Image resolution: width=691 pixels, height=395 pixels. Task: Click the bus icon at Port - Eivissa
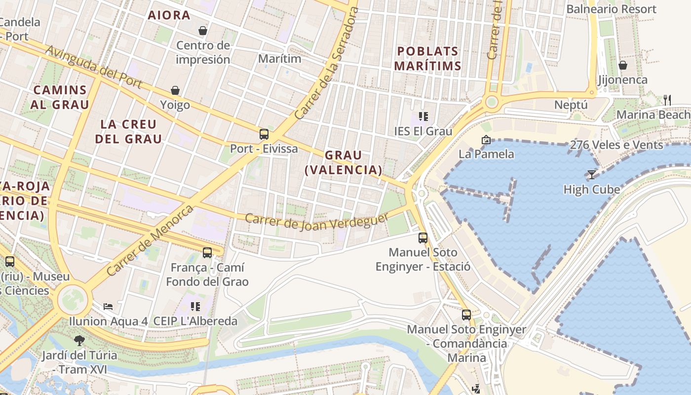tap(264, 134)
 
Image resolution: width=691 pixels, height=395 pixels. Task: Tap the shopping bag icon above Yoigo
tap(175, 90)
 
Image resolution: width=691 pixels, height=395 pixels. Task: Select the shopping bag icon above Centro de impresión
tap(203, 31)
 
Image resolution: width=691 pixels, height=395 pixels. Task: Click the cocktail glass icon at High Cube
tap(591, 174)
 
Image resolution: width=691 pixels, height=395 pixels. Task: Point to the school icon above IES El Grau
tap(423, 117)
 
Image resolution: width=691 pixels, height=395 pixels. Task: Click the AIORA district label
tap(169, 15)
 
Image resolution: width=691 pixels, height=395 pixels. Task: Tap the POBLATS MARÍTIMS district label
tap(429, 58)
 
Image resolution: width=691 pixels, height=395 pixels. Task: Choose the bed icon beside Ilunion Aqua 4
tap(108, 306)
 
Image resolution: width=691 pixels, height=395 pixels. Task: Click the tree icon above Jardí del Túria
tap(79, 340)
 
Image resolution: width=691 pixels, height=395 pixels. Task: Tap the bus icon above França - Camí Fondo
tap(207, 253)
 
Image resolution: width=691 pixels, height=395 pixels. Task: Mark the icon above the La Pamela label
tap(486, 140)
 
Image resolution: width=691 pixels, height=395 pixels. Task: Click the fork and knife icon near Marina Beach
tap(667, 100)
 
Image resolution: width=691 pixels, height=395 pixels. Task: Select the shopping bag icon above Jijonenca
tap(623, 65)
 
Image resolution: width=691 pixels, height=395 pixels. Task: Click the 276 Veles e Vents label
tap(616, 145)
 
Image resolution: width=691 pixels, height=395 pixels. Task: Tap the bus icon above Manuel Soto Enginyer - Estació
tap(423, 237)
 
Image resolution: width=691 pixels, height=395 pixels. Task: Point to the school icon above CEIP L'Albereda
tap(195, 306)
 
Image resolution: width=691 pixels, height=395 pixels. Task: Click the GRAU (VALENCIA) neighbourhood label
tap(344, 162)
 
